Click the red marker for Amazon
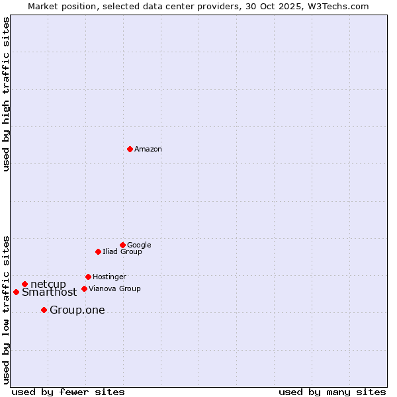coord(130,149)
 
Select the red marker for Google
coord(122,245)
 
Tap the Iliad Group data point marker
coord(98,251)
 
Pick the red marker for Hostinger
coord(88,277)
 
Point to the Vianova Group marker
coord(84,288)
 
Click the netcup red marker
coord(24,284)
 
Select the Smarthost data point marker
coord(16,292)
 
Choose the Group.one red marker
coord(44,310)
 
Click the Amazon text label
coord(148,150)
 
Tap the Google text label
coord(139,245)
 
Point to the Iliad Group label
coord(122,252)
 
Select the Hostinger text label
coord(109,277)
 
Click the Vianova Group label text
coord(114,289)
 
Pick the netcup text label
coord(48,285)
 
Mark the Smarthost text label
coord(49,292)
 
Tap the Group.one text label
coord(77,310)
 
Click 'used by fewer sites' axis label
coord(68,392)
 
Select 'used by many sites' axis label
coord(332,392)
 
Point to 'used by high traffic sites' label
coord(6,94)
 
